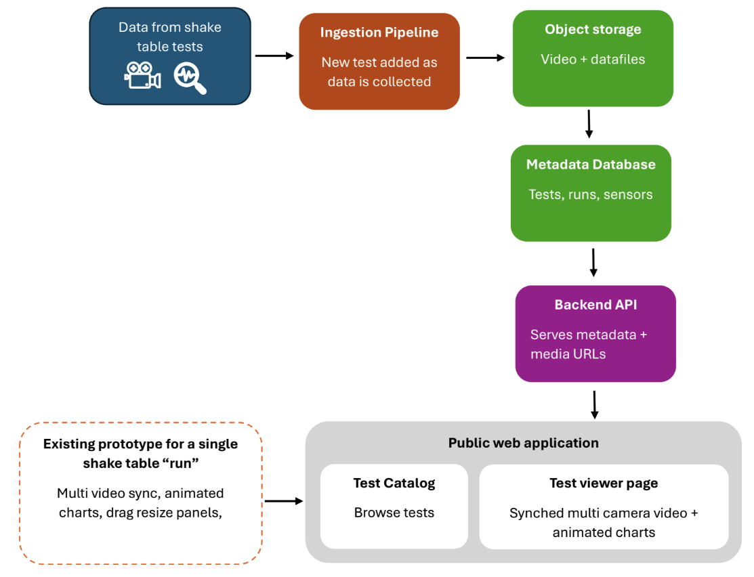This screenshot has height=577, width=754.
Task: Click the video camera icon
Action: coord(142,75)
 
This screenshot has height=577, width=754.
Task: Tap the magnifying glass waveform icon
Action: coord(190,78)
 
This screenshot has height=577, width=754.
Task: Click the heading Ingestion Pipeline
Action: coord(379,33)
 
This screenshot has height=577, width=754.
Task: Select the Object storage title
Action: coord(593,29)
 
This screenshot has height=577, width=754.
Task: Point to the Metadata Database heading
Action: coord(591,165)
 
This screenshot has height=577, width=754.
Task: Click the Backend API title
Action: coord(595,305)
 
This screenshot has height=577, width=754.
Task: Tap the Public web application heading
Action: coord(524,443)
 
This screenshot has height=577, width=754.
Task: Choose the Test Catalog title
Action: coord(394,484)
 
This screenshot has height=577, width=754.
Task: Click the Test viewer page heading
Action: coord(604,484)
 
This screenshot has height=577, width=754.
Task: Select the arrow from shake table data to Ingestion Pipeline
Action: coord(274,56)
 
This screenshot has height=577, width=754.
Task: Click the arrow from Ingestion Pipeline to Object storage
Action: coord(486,58)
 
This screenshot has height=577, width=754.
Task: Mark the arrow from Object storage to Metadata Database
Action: coord(589,124)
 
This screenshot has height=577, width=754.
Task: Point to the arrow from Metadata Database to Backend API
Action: coord(593,263)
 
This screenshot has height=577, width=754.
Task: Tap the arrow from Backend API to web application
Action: coord(595,405)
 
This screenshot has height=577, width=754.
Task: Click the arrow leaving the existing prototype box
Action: coord(285,501)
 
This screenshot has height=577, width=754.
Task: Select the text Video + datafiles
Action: coord(593,59)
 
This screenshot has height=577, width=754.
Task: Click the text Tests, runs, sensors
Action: coord(591,195)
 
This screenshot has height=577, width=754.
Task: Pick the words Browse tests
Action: coord(394,513)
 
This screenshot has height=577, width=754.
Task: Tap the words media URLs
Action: coord(568,354)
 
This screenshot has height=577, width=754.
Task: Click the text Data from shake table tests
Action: coord(170,37)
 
